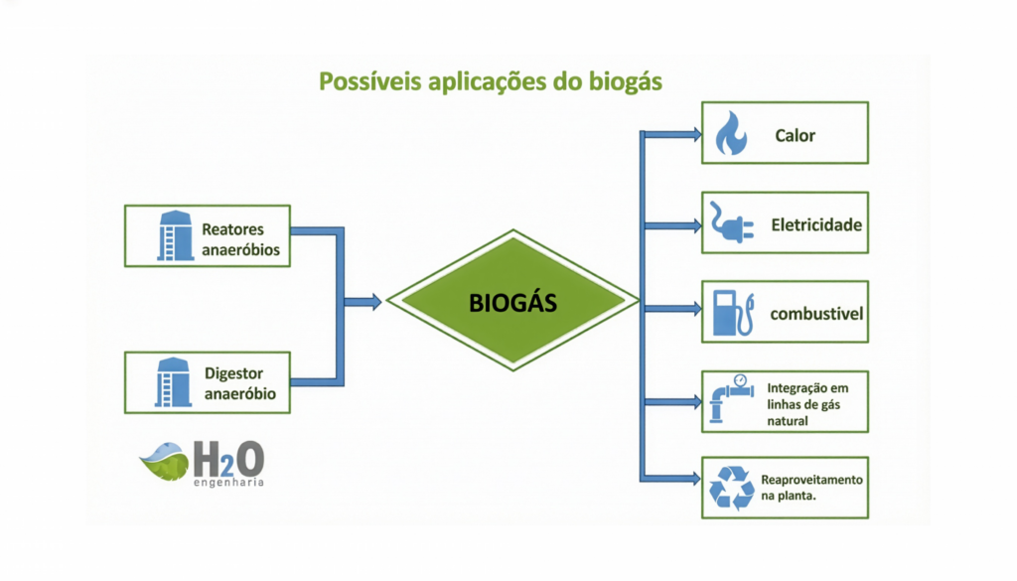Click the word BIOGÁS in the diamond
point(512,303)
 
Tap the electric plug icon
point(729,223)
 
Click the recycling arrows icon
point(731,488)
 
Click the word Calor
point(795,135)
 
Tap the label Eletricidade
point(816,224)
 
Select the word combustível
point(816,314)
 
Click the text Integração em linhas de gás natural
point(806,403)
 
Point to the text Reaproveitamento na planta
point(811,488)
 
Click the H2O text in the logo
point(228,460)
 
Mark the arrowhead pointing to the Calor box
point(695,132)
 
